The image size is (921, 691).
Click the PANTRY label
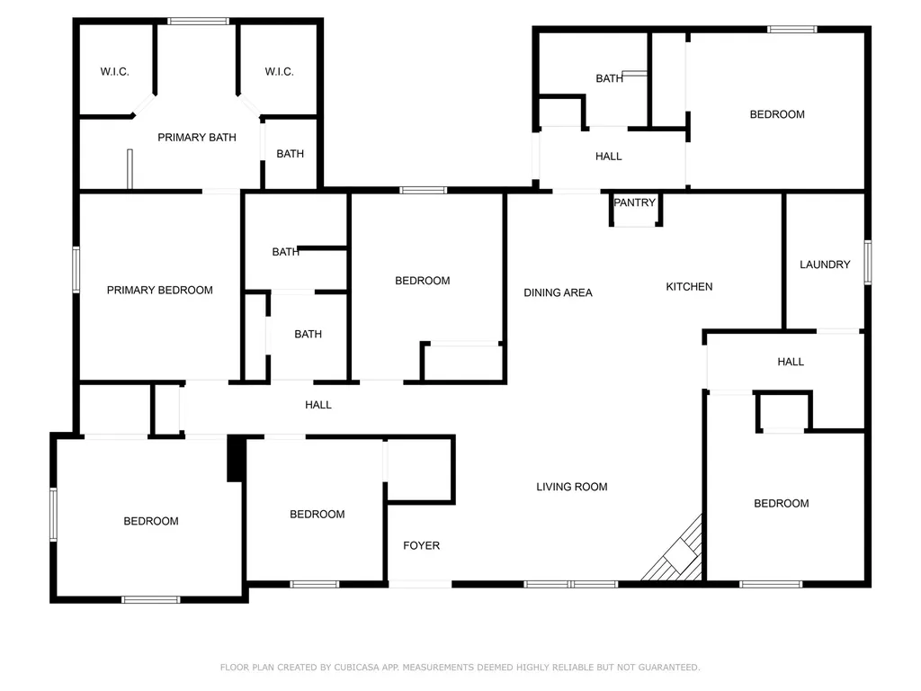pyautogui.click(x=634, y=202)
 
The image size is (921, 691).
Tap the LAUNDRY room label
pyautogui.click(x=825, y=265)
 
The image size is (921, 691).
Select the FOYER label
pyautogui.click(x=421, y=546)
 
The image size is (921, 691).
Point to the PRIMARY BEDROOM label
pyautogui.click(x=160, y=291)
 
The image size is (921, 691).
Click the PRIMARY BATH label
pyautogui.click(x=197, y=138)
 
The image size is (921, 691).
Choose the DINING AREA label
pyautogui.click(x=558, y=292)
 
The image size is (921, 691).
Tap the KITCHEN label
pyautogui.click(x=689, y=287)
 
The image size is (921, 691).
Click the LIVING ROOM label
pyautogui.click(x=571, y=487)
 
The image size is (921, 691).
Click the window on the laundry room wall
pyautogui.click(x=868, y=262)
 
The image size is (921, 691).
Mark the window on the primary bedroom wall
pyautogui.click(x=76, y=270)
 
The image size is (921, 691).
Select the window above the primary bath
pyautogui.click(x=198, y=22)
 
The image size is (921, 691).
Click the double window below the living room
pyautogui.click(x=571, y=584)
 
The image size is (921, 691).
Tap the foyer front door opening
pyautogui.click(x=420, y=584)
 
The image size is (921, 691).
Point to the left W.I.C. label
pyautogui.click(x=114, y=72)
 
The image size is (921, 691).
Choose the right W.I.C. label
pyautogui.click(x=279, y=72)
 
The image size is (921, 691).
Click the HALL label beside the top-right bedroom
pyautogui.click(x=609, y=157)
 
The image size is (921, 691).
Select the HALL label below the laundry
pyautogui.click(x=791, y=362)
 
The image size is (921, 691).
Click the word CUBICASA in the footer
pyautogui.click(x=356, y=668)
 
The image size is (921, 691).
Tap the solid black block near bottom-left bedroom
pyautogui.click(x=236, y=459)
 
